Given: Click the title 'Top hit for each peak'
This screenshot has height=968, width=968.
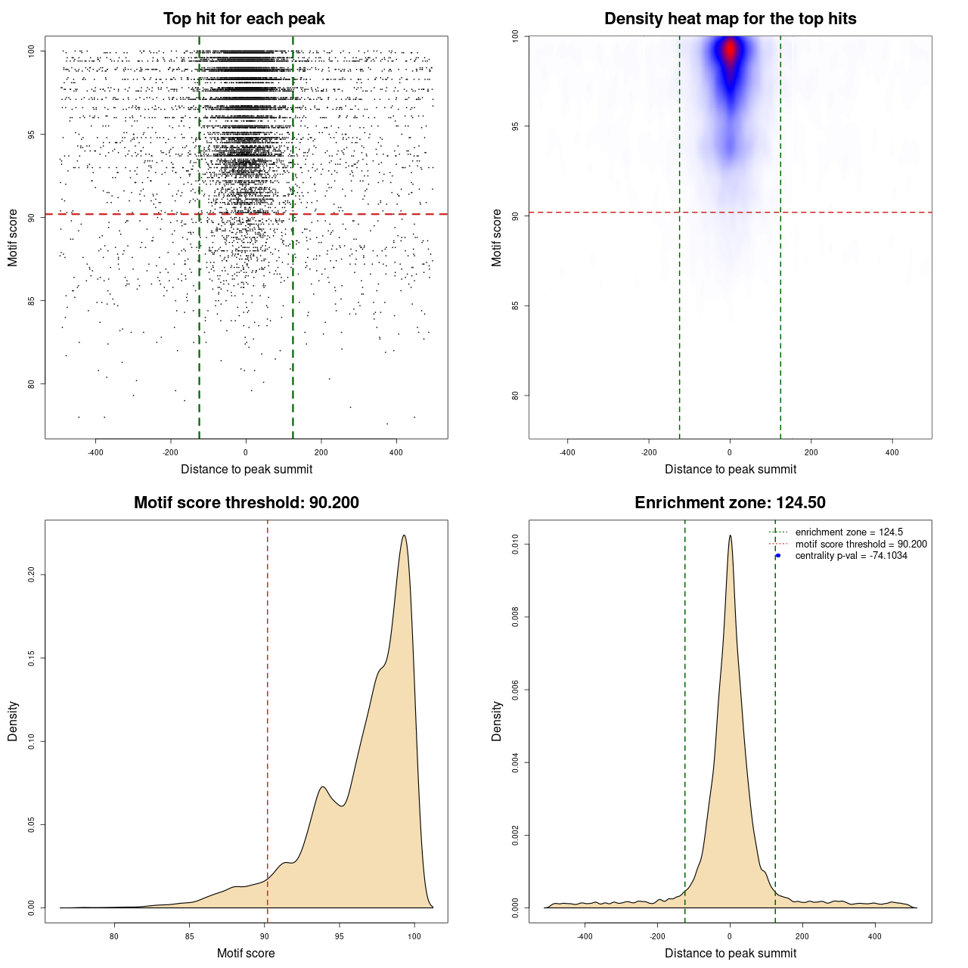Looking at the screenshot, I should point(244,19).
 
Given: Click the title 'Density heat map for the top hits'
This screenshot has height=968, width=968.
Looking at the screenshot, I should point(730,19).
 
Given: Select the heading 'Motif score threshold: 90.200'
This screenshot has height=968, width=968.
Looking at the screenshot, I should point(246,503).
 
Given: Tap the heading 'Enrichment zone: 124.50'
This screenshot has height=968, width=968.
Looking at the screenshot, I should point(730,503).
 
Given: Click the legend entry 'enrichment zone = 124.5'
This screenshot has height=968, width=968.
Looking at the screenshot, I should point(849,532).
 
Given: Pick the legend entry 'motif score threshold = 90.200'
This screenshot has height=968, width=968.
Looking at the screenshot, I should point(861,544).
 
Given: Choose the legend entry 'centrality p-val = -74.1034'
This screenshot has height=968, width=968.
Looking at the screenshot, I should point(851,556).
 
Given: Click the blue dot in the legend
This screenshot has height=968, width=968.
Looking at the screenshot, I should point(778,556).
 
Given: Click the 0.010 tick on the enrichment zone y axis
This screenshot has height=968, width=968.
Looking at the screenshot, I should point(516,544).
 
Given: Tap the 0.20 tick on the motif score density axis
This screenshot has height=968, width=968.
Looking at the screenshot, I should point(32,575).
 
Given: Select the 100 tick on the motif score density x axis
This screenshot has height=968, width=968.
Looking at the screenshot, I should point(414,936).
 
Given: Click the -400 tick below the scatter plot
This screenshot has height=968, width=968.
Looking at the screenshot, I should point(95,452).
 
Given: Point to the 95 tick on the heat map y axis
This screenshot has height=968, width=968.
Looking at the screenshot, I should point(516,126).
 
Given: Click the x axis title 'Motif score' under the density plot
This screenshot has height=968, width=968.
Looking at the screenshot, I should point(246,953).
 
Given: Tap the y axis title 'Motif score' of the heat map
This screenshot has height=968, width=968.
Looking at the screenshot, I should point(497,237).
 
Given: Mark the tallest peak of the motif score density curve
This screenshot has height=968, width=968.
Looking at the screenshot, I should point(405,535).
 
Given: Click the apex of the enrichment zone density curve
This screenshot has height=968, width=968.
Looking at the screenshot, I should point(730,535).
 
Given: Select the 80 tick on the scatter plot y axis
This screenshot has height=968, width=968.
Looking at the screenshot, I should point(32,383).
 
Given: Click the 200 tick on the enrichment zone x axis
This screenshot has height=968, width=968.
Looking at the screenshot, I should point(802,936).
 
